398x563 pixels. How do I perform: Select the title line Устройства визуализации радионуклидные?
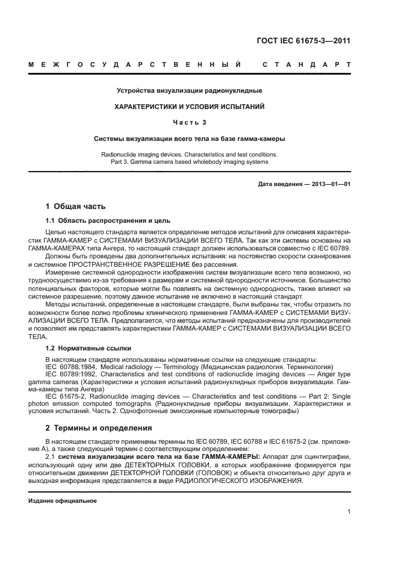coord(189,91)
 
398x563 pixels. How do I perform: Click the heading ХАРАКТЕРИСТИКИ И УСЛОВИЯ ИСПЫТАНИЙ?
coord(190,107)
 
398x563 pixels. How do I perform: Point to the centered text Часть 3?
coord(190,122)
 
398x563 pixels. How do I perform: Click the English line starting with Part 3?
coord(190,161)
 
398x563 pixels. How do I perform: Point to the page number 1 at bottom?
coord(349,512)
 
